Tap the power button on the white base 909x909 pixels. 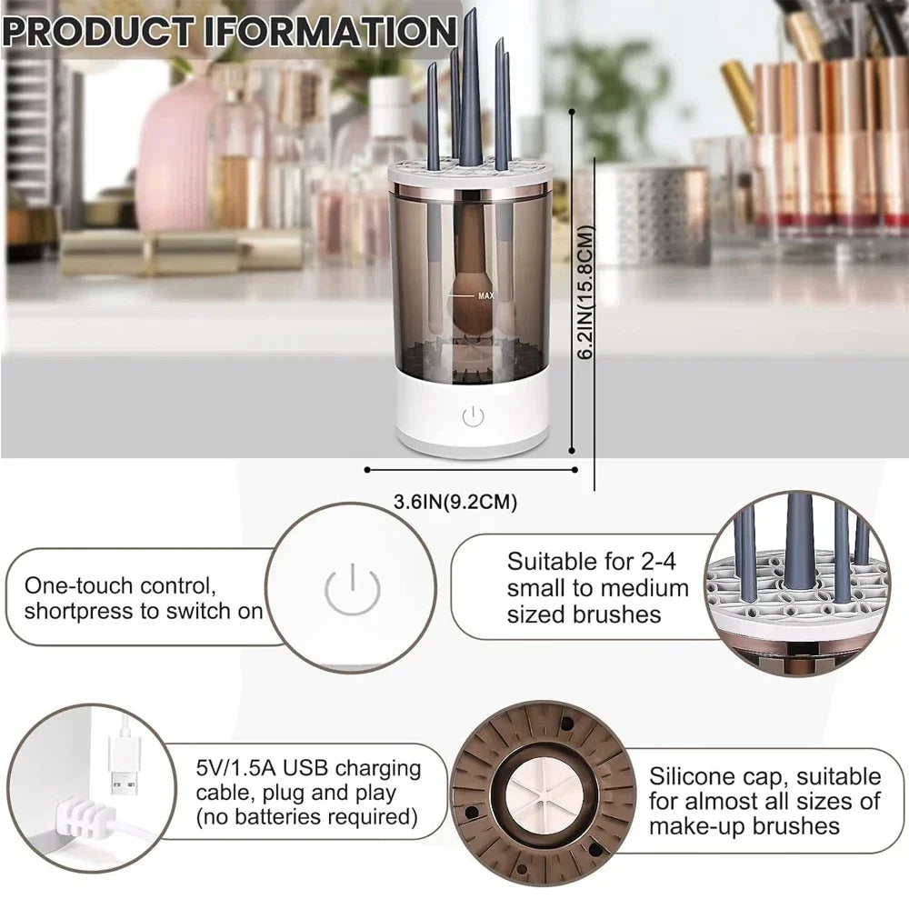point(473,417)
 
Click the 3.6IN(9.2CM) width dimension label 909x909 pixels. point(460,501)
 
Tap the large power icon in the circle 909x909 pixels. point(350,587)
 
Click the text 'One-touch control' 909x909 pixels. point(120,585)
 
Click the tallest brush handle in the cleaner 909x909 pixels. point(470,86)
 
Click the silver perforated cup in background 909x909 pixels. point(653,215)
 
